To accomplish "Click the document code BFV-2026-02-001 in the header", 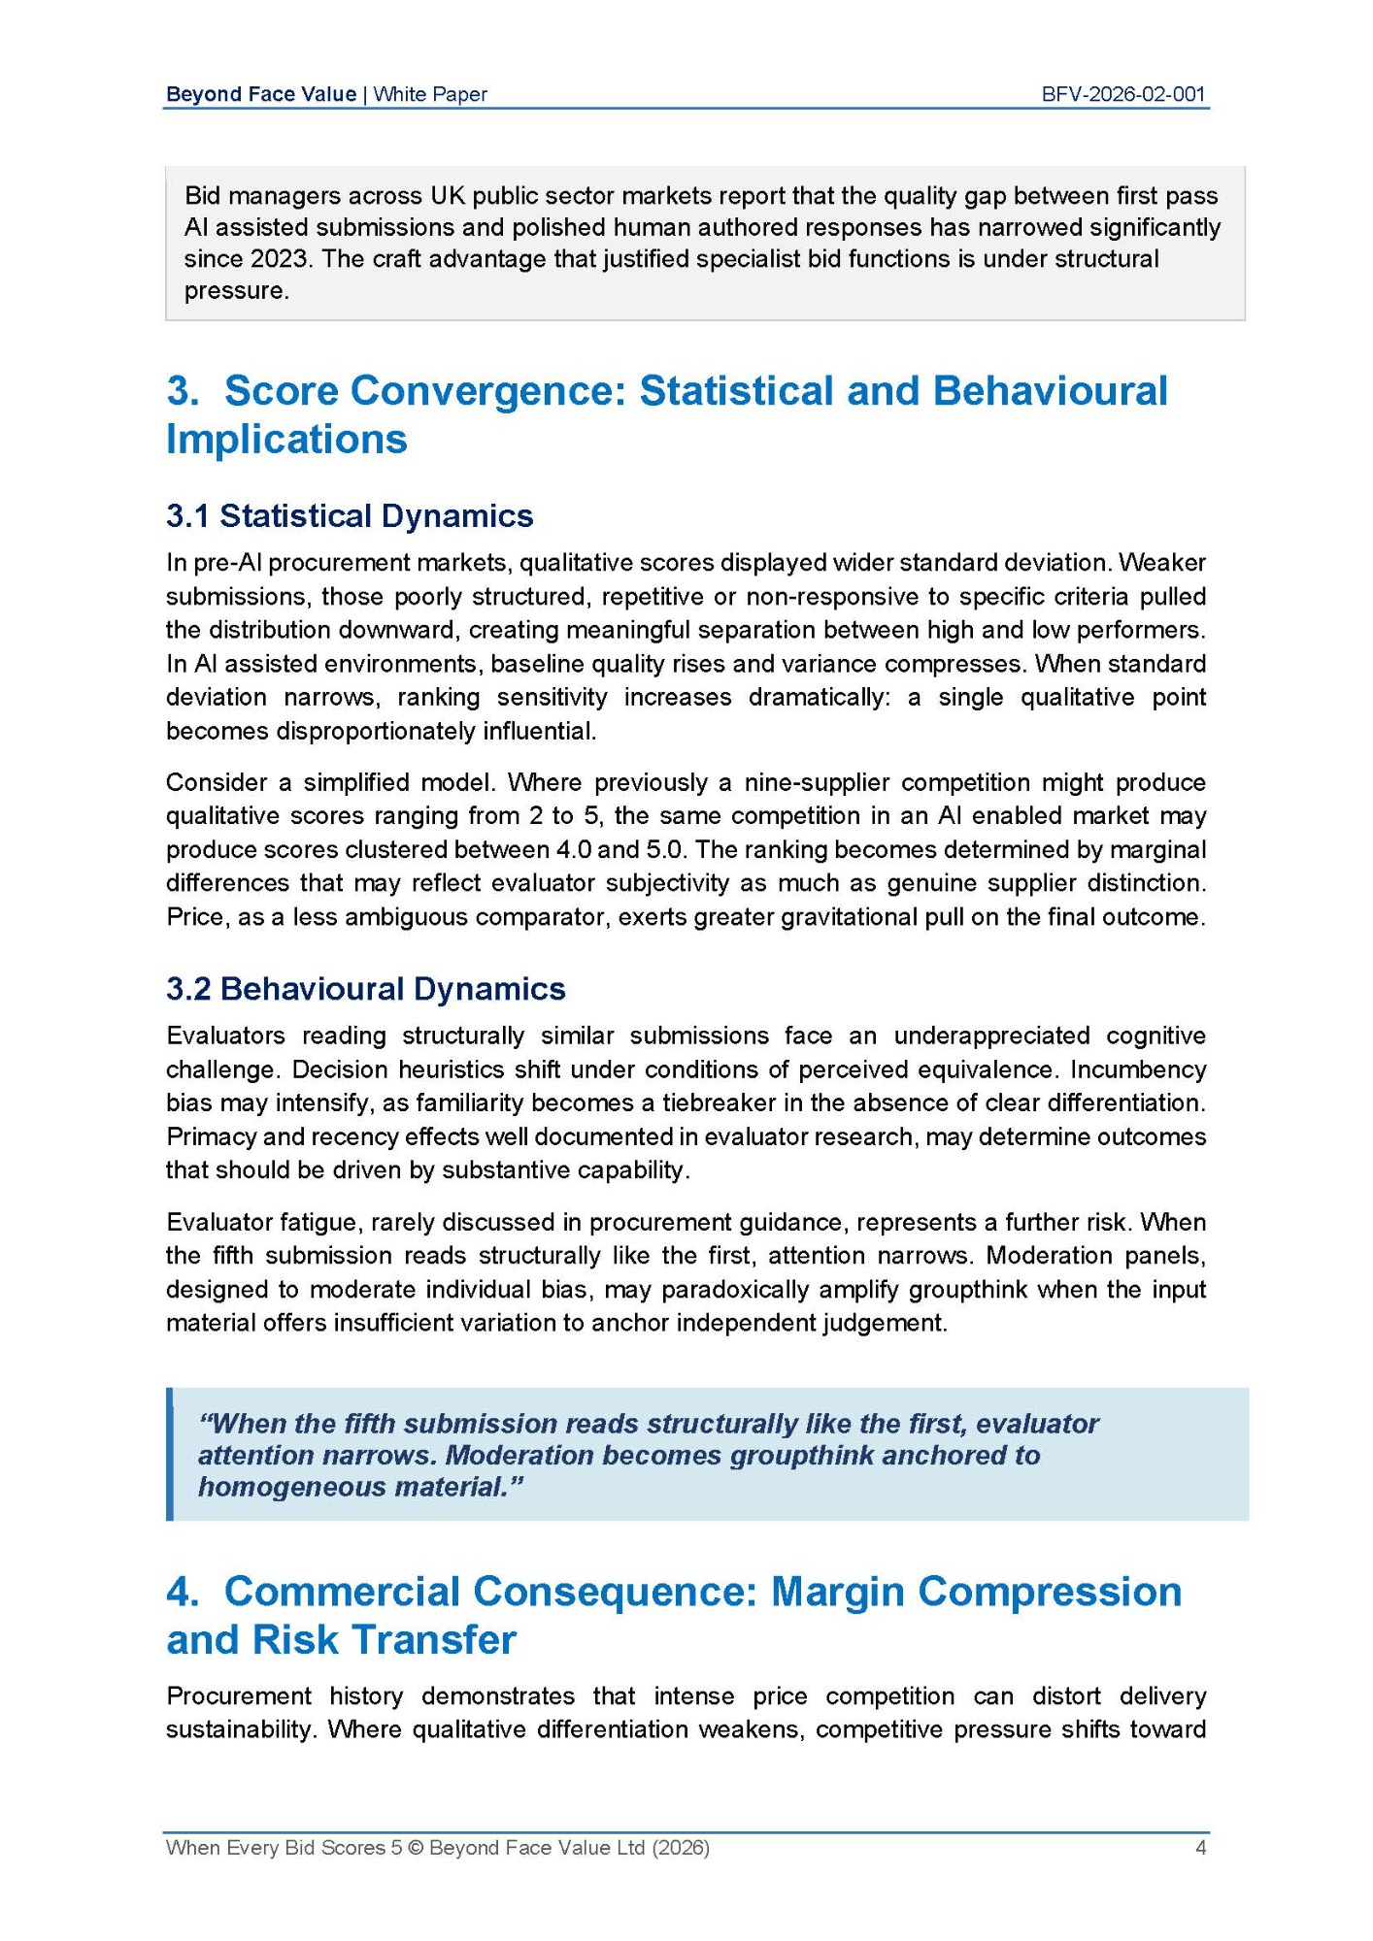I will (1122, 94).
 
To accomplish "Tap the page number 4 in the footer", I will (1200, 1848).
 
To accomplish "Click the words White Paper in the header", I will (430, 94).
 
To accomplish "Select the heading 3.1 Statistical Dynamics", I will (350, 515).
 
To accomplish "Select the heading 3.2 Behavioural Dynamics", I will (365, 989).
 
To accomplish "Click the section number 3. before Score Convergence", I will (183, 391).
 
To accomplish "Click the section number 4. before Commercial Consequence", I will (183, 1592).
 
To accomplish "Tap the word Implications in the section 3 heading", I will (286, 439).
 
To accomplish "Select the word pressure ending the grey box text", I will (236, 291).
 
